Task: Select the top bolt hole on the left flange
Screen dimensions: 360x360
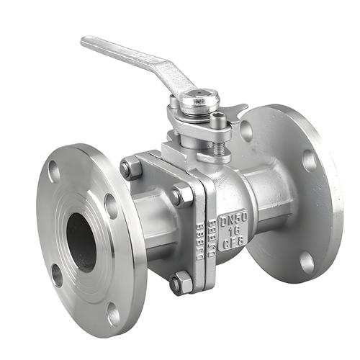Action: click(x=54, y=171)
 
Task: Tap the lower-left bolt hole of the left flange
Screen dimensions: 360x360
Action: click(x=57, y=274)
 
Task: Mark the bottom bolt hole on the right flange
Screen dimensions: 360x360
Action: click(x=308, y=261)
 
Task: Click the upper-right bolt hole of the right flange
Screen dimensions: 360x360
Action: click(x=310, y=160)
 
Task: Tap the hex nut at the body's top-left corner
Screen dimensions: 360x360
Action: click(x=130, y=168)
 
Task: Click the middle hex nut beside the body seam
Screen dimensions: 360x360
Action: click(x=181, y=196)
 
